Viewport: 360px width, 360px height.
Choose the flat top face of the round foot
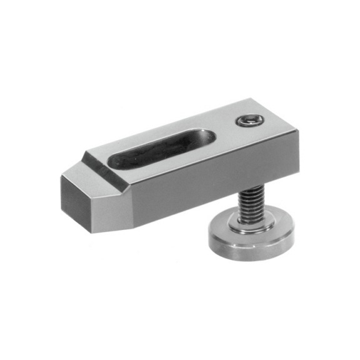point(266,222)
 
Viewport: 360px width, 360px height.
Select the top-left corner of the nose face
point(62,177)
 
